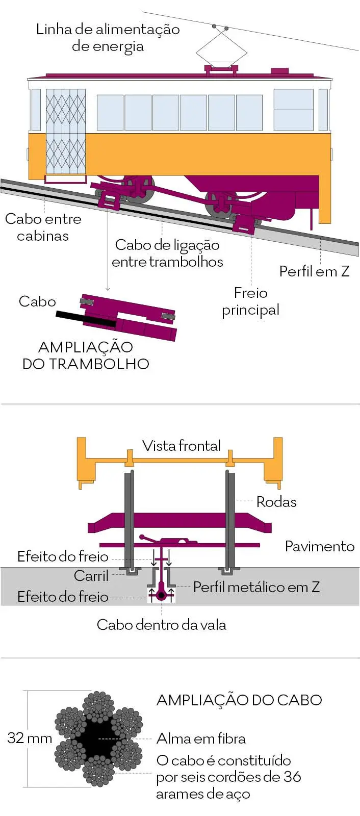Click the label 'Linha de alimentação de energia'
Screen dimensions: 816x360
coord(108,38)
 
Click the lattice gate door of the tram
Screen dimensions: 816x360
coord(66,132)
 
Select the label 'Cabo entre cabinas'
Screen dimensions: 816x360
coord(43,227)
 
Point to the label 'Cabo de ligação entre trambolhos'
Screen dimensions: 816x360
coord(167,253)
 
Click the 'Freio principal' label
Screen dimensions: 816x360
coord(250,301)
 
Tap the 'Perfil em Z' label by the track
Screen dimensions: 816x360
coord(314,271)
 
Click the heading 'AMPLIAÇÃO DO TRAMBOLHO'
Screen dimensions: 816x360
coord(86,355)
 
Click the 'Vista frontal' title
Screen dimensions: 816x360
coord(182,446)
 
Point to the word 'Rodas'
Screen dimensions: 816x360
coord(276,502)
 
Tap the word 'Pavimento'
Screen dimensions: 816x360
coord(319,546)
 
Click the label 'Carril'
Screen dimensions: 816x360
coord(91,576)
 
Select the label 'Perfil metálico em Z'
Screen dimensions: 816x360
coord(256,587)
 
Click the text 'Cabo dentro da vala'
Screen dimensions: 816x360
coord(161,625)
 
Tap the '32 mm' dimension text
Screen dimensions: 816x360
coord(30,738)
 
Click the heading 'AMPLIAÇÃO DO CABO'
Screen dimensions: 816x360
coord(239,700)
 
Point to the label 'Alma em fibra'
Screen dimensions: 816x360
coord(201,738)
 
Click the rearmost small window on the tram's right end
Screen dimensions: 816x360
coord(323,110)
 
